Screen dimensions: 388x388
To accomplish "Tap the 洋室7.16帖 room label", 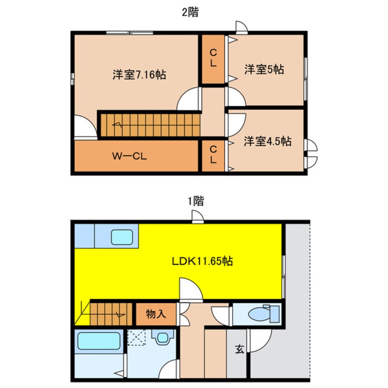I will (x=139, y=74).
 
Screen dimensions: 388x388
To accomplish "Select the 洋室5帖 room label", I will (x=264, y=70).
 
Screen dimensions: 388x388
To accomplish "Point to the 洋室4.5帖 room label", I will (x=267, y=141).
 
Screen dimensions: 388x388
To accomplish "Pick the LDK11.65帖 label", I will (x=202, y=261).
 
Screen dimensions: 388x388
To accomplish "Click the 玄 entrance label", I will (x=239, y=349).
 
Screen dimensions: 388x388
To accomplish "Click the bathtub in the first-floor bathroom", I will (x=99, y=341).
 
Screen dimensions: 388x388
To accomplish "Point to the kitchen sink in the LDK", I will (x=123, y=237).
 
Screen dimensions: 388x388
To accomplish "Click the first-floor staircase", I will (x=108, y=313).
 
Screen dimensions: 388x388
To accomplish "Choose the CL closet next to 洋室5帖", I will (x=213, y=59).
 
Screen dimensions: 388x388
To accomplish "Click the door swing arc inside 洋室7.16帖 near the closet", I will (x=189, y=99).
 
